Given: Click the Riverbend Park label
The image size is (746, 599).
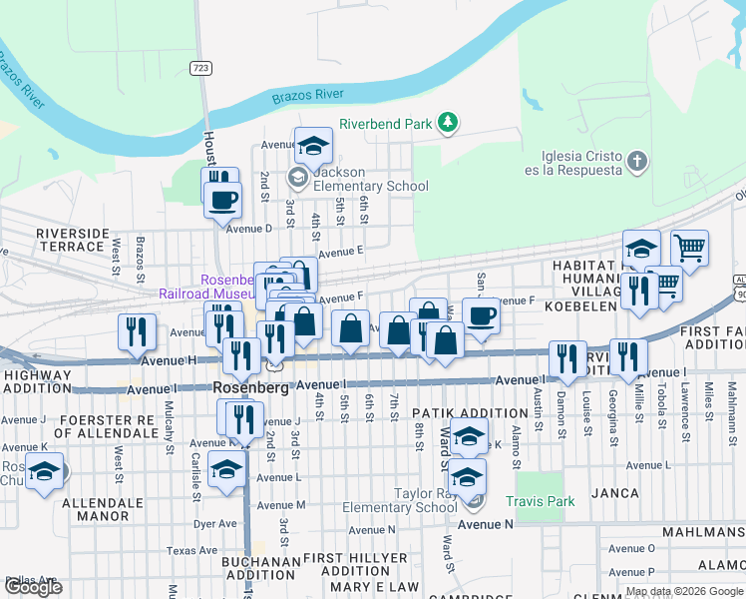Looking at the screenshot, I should pyautogui.click(x=385, y=124).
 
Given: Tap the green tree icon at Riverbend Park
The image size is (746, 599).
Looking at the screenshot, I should pyautogui.click(x=449, y=123).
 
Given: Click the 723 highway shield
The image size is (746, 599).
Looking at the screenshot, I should pyautogui.click(x=200, y=67).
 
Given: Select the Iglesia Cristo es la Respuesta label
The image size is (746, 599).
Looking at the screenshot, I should pyautogui.click(x=581, y=162).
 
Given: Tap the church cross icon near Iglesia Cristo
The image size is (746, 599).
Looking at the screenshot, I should pyautogui.click(x=637, y=161).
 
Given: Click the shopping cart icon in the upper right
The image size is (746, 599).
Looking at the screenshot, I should pyautogui.click(x=689, y=248).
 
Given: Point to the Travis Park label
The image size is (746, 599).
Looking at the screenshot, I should pyautogui.click(x=540, y=501).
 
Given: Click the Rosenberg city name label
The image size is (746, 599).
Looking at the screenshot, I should pyautogui.click(x=250, y=387).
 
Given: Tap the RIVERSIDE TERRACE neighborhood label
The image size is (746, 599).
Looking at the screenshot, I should pyautogui.click(x=72, y=240).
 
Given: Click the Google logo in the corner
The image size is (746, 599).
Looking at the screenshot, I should pyautogui.click(x=33, y=587).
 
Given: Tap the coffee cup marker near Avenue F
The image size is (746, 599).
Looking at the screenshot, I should pyautogui.click(x=481, y=318).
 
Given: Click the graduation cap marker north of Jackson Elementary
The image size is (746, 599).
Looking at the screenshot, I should pyautogui.click(x=313, y=147).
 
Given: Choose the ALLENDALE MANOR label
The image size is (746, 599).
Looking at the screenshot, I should pyautogui.click(x=105, y=505).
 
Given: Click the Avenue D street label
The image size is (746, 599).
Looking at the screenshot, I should pyautogui.click(x=248, y=229).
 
